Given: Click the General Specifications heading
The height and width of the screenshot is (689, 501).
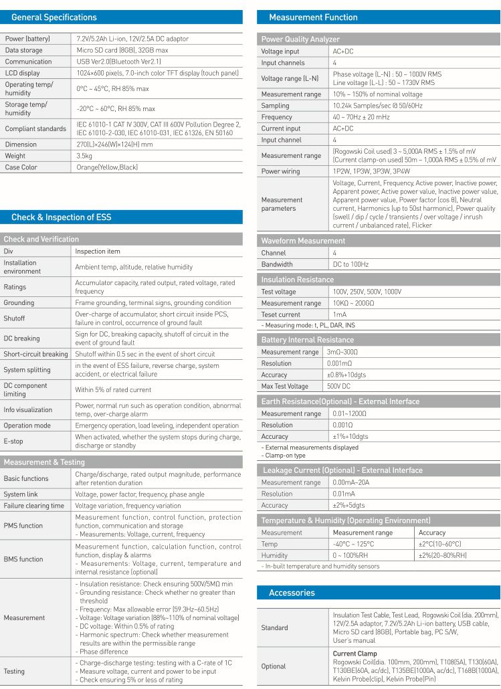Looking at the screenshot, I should coord(54,17).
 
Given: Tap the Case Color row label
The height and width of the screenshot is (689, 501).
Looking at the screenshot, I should coord(21,167).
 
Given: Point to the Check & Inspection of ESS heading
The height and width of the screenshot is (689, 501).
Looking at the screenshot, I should coord(62,217).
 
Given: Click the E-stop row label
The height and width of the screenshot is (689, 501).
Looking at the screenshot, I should coord(14,441).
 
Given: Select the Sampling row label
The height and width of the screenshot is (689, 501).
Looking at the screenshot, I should coord(275,106).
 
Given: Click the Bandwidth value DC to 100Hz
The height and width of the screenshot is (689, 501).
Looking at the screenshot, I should coord(350,264).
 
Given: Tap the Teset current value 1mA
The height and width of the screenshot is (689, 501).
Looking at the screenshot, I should coord(339,314).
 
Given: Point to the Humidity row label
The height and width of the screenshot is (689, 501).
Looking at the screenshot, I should coord(274,555).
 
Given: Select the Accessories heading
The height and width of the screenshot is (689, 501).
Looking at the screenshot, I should coord(292,593).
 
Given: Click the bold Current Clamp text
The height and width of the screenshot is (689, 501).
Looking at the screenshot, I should coord(355,654).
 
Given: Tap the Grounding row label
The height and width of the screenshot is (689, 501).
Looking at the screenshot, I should coord(19,302).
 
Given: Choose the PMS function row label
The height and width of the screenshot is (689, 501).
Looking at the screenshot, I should coord(23,526).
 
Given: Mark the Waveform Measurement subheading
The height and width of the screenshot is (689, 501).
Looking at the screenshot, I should coord(303,241).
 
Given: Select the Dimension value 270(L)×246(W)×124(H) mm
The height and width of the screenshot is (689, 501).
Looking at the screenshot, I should coord(114,144).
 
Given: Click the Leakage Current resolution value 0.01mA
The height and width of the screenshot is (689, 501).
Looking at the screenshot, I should coord(345,494).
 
